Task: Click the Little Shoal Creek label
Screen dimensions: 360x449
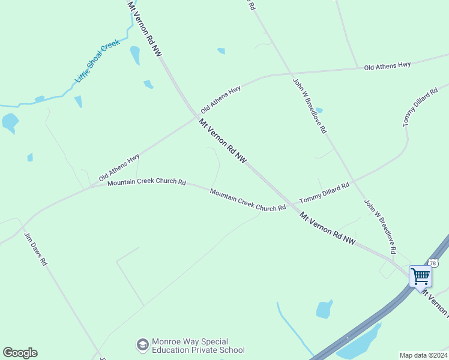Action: click(x=97, y=61)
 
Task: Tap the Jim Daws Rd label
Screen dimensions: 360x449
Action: click(x=35, y=248)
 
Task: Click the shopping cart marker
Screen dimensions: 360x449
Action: click(x=421, y=277)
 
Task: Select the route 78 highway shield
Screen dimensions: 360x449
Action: click(x=433, y=263)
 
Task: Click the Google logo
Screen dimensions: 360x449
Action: click(x=20, y=353)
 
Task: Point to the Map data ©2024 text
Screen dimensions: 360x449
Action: click(x=423, y=355)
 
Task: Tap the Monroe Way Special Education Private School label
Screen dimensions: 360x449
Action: click(x=198, y=346)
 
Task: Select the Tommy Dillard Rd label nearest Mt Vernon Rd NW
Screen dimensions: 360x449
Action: click(x=324, y=193)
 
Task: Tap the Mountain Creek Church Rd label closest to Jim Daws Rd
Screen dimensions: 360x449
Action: click(x=146, y=182)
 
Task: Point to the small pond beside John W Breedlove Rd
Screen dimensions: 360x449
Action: click(x=318, y=110)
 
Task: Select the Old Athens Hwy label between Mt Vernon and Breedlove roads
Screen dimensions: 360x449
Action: click(x=221, y=100)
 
